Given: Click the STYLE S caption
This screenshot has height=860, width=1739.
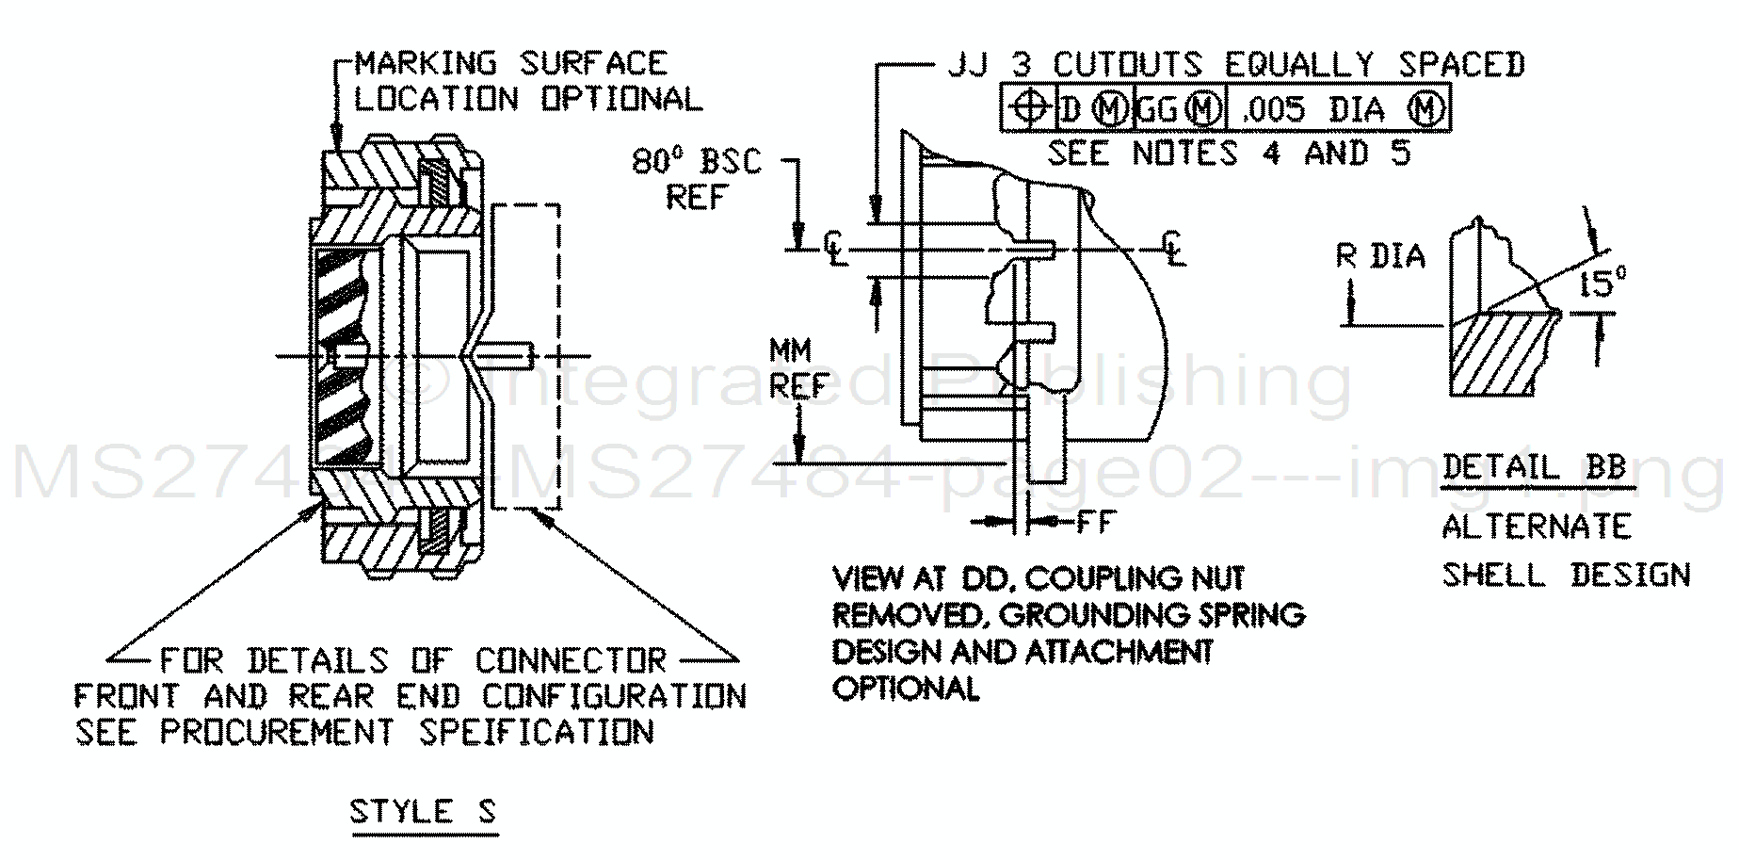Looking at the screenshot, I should click(x=422, y=812).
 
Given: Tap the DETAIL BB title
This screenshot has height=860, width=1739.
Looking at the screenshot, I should click(x=1534, y=467).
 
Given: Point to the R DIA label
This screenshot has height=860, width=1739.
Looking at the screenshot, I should click(x=1380, y=257).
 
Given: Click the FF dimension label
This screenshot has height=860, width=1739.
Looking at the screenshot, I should click(x=1096, y=521).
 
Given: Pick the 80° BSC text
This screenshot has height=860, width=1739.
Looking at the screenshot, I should click(x=696, y=162).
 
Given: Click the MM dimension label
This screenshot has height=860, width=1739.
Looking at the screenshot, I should click(x=791, y=351).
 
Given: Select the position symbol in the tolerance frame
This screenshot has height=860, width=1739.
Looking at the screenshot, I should click(x=1030, y=109).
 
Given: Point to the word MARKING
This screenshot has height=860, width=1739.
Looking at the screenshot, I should click(x=425, y=63).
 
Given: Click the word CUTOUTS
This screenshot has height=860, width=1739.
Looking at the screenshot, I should click(x=1127, y=64).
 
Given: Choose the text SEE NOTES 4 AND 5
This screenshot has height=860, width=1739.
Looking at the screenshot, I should click(x=1230, y=153).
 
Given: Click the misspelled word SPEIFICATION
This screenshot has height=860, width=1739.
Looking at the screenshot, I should click(x=536, y=732).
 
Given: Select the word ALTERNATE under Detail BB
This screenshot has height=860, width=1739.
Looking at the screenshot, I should click(x=1537, y=526).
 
